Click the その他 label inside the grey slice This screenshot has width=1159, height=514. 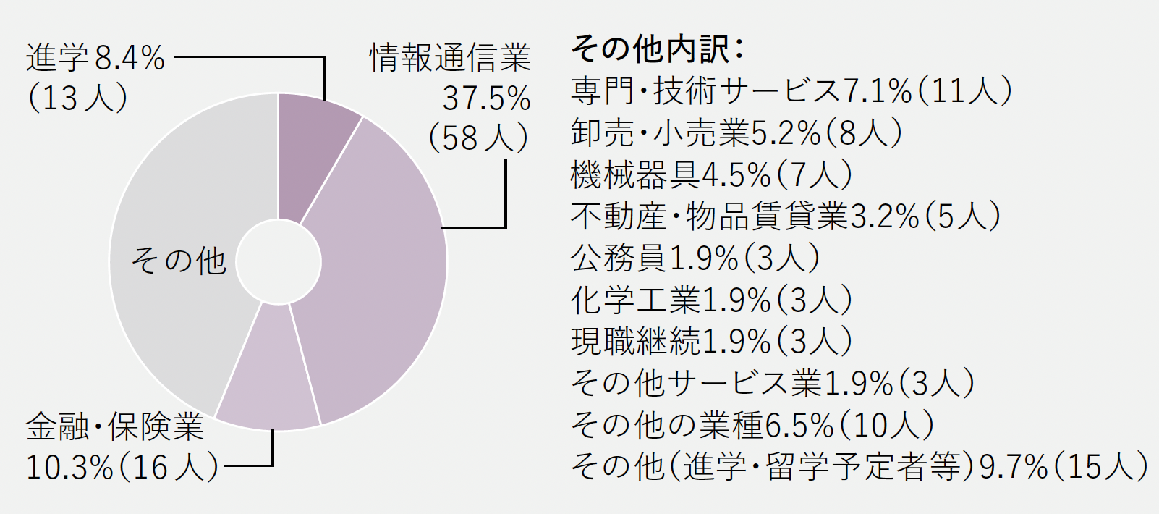point(179,261)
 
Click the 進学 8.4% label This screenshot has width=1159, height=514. point(95,58)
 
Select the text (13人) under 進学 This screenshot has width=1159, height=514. point(77,98)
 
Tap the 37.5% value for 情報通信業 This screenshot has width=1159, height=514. point(486,98)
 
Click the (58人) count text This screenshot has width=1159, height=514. point(478,138)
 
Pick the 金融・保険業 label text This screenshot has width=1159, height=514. point(115,427)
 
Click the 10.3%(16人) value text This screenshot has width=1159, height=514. point(122,467)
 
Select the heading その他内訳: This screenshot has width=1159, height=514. point(657,49)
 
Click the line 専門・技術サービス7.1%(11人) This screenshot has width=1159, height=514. point(791,91)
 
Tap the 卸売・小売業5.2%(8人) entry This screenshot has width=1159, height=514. point(736,132)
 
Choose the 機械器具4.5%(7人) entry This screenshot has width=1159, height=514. point(711,174)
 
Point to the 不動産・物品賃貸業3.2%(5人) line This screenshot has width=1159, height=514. point(785,216)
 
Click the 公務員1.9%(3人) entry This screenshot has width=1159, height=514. point(695,258)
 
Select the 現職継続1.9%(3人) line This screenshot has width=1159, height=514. point(711,341)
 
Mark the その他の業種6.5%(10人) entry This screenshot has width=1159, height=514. point(752,425)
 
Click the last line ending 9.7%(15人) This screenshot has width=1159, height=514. point(859,466)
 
